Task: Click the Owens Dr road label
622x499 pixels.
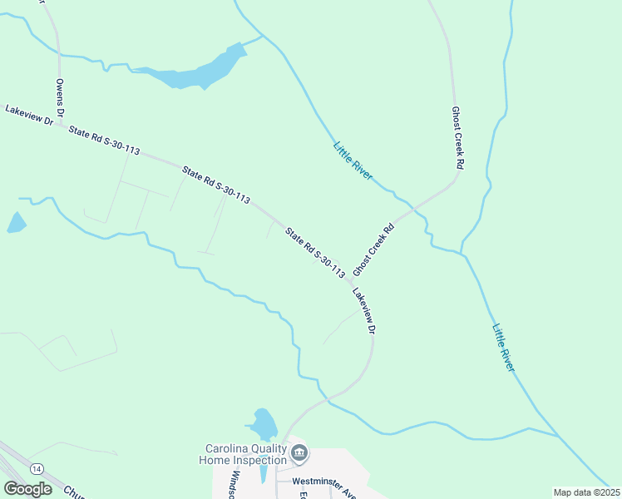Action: (60, 98)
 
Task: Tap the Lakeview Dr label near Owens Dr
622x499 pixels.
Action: (29, 116)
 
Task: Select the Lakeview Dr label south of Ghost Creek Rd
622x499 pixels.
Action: (364, 311)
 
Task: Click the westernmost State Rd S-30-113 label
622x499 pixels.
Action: (104, 141)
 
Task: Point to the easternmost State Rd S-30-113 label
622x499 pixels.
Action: (315, 252)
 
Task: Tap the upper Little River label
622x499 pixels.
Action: (353, 161)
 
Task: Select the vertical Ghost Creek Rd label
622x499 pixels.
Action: (457, 138)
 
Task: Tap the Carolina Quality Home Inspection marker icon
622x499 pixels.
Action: (300, 453)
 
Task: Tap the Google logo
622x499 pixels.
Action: (27, 488)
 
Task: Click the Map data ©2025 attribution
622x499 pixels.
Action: (585, 492)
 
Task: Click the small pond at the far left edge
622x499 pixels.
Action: (15, 222)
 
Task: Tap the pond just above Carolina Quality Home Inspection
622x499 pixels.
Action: (264, 423)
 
